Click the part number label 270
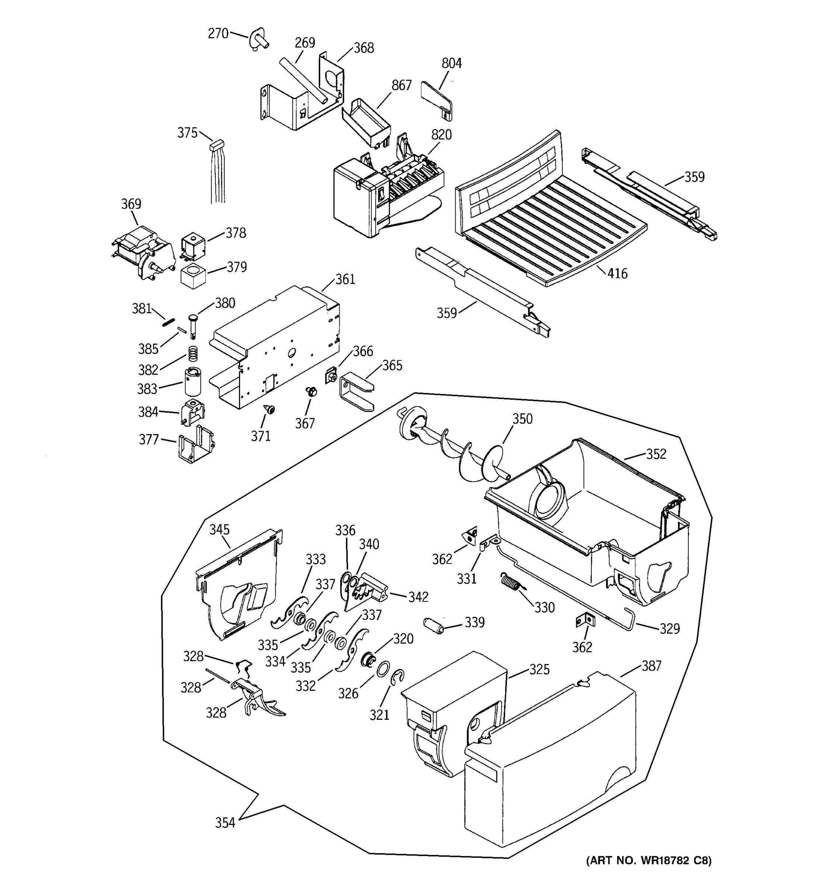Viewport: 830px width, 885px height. click(218, 34)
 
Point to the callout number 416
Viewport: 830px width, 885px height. click(617, 273)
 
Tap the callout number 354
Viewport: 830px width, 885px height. click(225, 823)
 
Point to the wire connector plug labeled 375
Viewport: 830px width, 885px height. click(217, 145)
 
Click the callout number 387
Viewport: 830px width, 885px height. click(651, 666)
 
